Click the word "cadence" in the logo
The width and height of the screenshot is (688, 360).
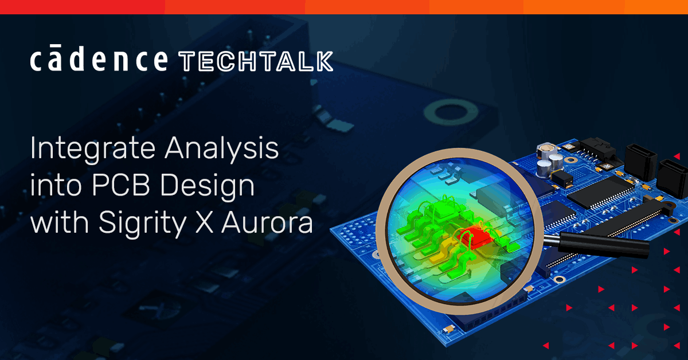tap(99, 60)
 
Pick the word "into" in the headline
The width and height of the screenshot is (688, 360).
tap(54, 187)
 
